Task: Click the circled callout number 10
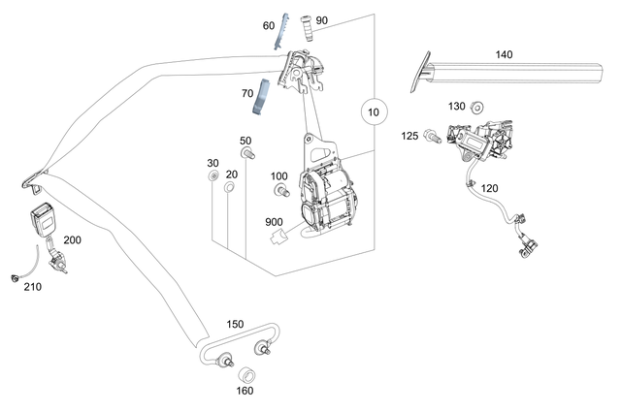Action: coord(373,112)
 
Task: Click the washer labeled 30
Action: coord(212,179)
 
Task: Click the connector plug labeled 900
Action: coord(281,234)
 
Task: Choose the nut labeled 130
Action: coord(477,108)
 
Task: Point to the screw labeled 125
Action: coord(430,142)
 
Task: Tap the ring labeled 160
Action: coord(247,375)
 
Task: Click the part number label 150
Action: coord(235,324)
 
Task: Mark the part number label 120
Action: coord(489,188)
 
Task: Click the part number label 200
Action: coord(74,239)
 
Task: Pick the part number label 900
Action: coord(275,222)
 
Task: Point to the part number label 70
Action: coord(247,95)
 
